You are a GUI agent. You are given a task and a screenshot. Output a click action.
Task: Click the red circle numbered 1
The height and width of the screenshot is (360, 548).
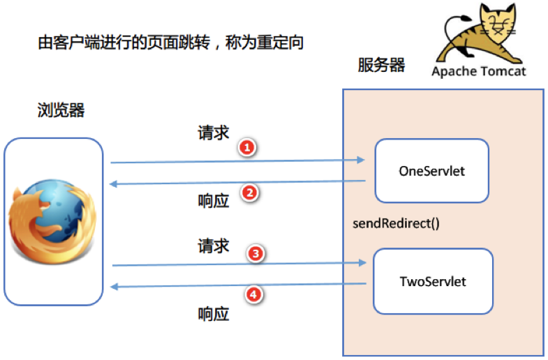point(246,147)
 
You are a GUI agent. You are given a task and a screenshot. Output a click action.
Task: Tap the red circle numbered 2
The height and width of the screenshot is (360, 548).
point(250,193)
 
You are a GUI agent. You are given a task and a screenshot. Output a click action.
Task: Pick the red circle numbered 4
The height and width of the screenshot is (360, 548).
point(255,296)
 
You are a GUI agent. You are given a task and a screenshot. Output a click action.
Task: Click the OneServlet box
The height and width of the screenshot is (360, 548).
point(431,170)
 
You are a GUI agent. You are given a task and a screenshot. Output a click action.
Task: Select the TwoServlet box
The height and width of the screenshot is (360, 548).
point(432,282)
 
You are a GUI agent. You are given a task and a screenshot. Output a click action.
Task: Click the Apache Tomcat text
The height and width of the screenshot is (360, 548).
point(478,71)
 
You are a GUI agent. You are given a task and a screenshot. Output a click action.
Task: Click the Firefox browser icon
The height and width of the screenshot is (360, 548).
point(52,219)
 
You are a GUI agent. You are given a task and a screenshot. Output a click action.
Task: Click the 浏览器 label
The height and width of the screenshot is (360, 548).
point(61,111)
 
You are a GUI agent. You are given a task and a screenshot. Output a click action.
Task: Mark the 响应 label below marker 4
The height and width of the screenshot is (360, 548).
point(214,314)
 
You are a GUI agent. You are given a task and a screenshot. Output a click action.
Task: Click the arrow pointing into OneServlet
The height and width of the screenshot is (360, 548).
point(237,161)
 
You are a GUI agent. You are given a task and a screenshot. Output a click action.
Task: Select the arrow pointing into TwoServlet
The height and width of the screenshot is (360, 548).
point(237,264)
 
